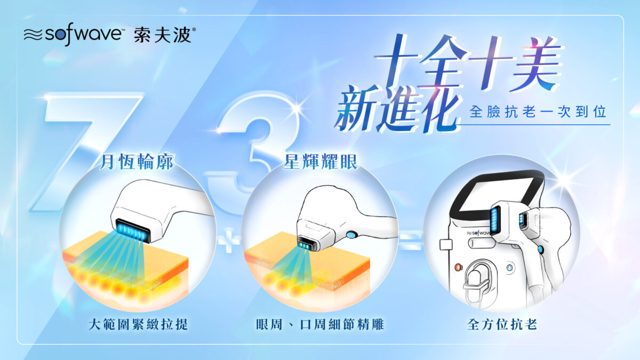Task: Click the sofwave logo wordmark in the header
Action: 83,34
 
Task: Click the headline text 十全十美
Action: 469,63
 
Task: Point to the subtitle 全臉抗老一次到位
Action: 538,111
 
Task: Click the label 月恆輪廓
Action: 137,162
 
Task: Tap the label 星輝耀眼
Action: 321,162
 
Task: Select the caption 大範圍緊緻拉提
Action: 138,324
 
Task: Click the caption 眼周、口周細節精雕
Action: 319,324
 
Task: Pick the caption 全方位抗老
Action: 502,324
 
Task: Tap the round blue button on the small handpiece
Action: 351,235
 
